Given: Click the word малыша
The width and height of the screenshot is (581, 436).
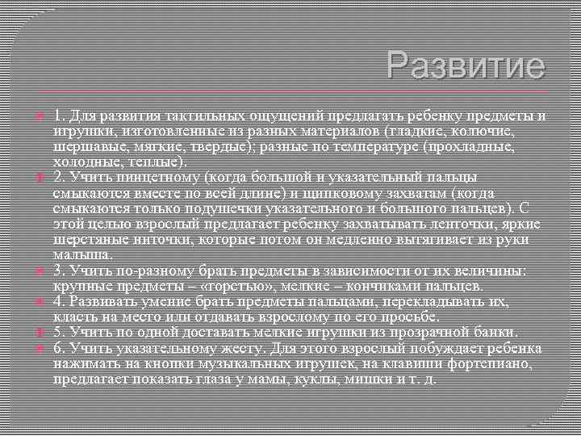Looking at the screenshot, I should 78,254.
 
